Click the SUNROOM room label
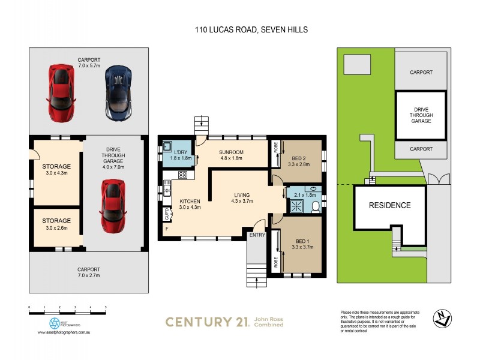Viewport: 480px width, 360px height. (231, 154)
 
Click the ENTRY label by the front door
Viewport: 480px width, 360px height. (257, 235)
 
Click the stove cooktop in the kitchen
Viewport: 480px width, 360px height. (183, 176)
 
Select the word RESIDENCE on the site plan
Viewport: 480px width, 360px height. (390, 205)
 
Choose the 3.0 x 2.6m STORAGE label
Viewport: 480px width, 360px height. (56, 224)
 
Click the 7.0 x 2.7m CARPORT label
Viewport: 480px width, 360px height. (89, 273)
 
